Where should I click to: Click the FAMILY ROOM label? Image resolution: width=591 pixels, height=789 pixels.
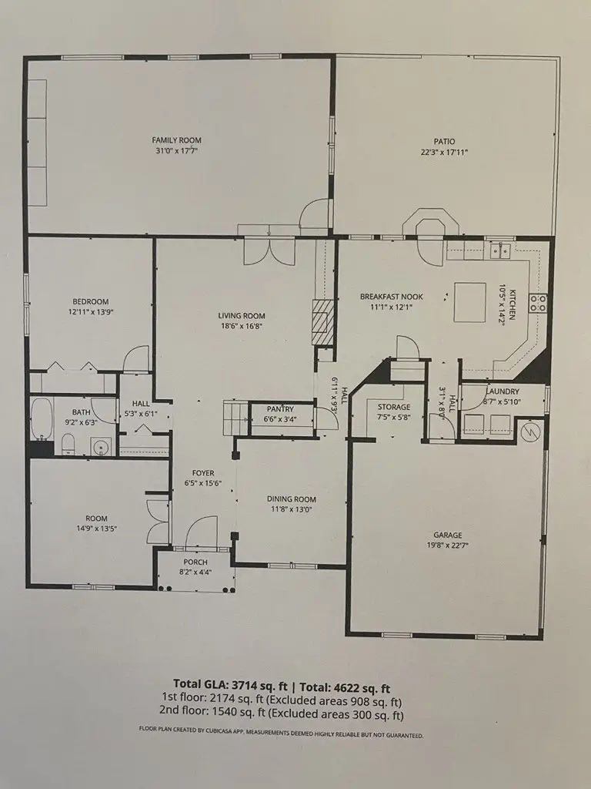coord(176,140)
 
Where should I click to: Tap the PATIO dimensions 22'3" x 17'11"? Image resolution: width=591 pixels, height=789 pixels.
coord(444,153)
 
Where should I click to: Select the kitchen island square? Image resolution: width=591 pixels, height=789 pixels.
coord(469,302)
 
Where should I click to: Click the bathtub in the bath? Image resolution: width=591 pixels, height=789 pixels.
coord(40,418)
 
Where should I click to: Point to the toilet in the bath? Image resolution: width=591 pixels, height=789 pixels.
coord(67,444)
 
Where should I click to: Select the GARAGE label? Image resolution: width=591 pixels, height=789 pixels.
coord(447,535)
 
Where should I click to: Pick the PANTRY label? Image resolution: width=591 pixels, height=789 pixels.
coord(282,409)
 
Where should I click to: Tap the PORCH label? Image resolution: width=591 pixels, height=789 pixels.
coord(194,562)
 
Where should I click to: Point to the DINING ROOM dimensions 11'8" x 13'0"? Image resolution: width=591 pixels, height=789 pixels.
coord(291,510)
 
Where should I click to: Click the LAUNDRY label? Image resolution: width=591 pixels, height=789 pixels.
coord(503,391)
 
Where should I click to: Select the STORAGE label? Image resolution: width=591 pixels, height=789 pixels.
coord(393,407)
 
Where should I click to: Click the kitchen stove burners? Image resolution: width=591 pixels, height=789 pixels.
coord(538,304)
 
